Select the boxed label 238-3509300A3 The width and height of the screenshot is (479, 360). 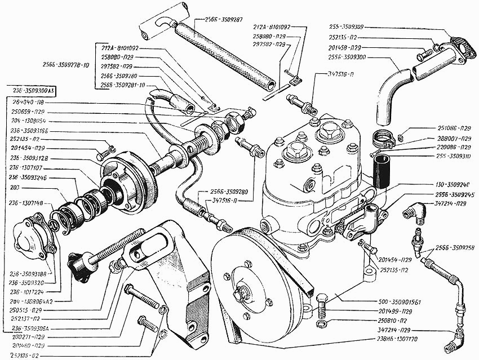coord(34,90)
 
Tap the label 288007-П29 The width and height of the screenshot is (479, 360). coord(440,137)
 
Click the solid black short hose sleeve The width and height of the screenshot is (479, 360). coord(382,171)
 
